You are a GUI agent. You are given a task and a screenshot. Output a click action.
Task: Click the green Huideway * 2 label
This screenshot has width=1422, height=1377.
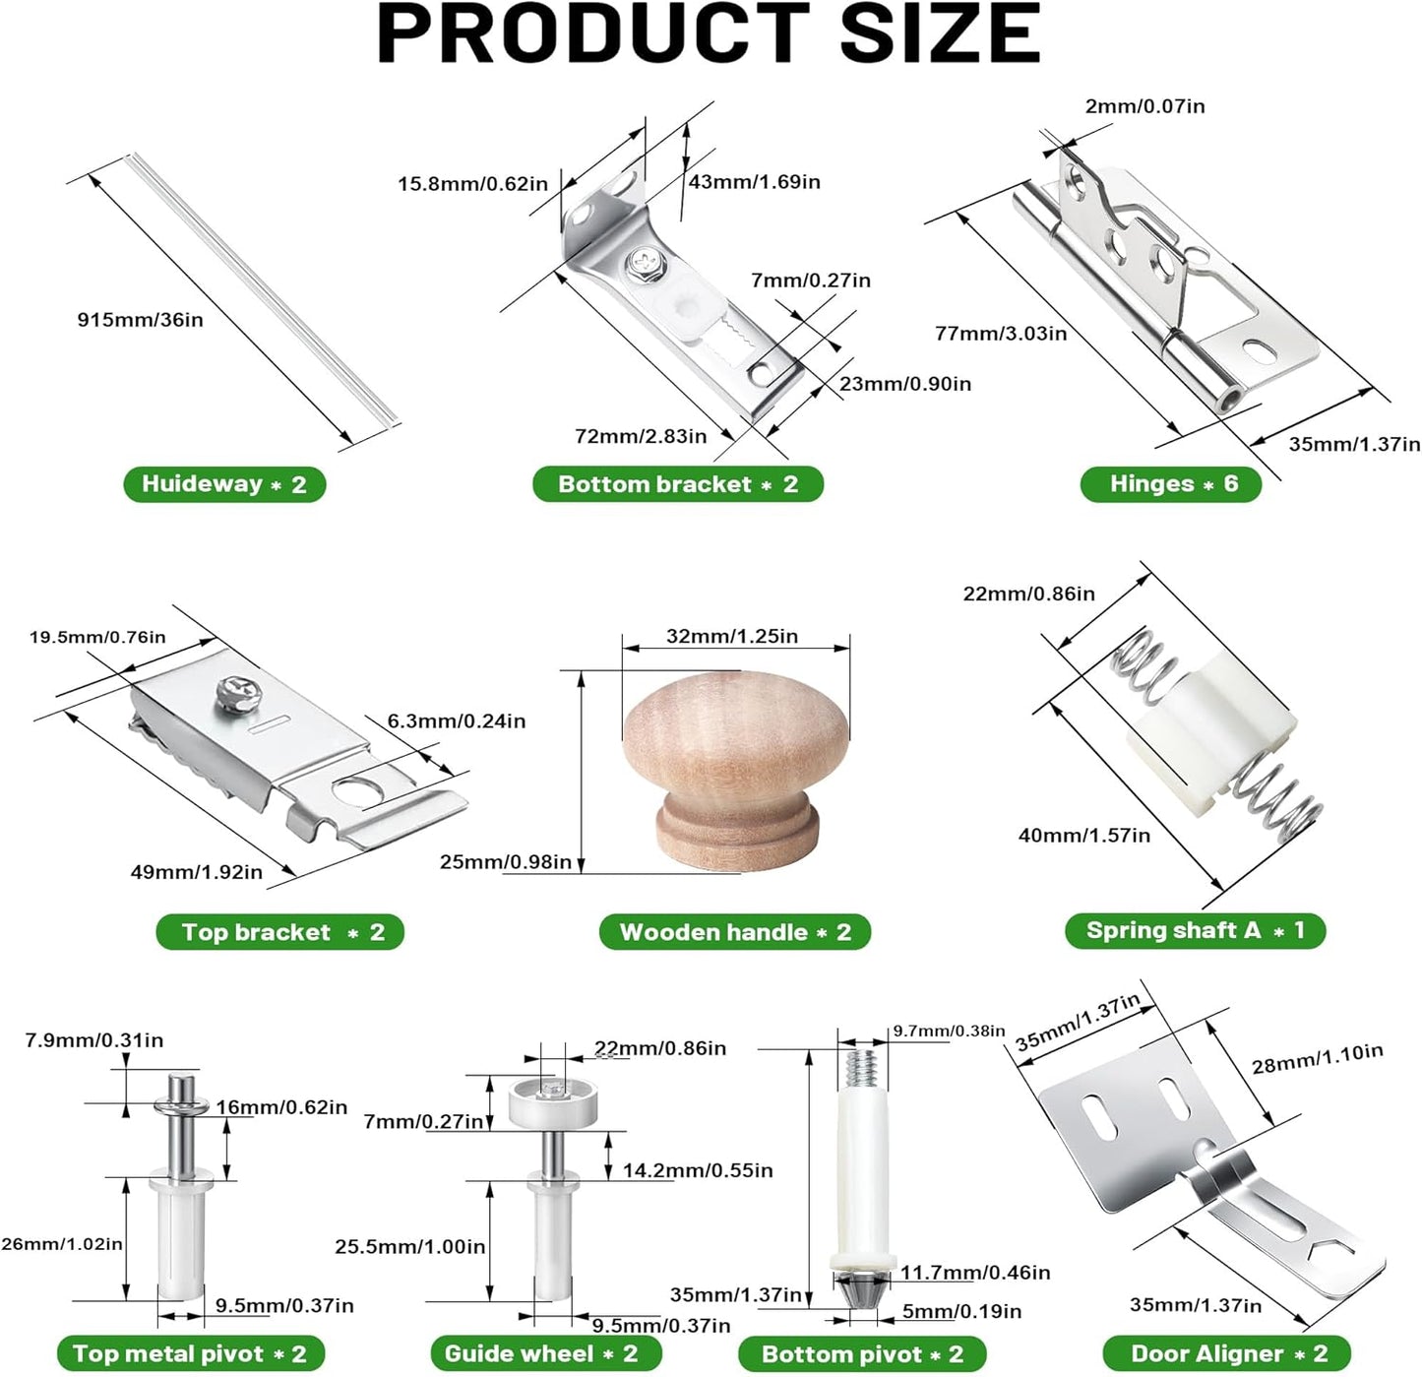click(224, 484)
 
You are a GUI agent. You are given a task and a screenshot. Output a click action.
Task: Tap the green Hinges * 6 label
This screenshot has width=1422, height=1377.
click(1171, 483)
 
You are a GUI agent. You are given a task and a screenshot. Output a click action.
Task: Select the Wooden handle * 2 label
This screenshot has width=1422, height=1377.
click(734, 932)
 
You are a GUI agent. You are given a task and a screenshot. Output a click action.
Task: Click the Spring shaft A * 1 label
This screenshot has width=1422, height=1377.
click(1195, 930)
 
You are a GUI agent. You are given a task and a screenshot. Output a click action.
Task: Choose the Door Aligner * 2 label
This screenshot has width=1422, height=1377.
click(1228, 1352)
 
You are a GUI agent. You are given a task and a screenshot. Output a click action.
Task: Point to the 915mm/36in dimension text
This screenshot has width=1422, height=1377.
click(141, 320)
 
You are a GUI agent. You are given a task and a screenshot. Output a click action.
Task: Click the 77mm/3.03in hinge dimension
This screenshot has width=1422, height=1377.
click(1001, 334)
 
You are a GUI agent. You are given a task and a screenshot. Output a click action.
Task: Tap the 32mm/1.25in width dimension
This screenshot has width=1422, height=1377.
click(731, 636)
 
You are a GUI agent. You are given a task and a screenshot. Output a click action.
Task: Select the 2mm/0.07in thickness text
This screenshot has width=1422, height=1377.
click(1144, 106)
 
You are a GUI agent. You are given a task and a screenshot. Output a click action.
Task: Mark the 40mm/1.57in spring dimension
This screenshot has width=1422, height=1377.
click(1083, 835)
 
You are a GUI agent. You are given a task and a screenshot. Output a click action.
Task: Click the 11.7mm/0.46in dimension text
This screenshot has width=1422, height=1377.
click(975, 1272)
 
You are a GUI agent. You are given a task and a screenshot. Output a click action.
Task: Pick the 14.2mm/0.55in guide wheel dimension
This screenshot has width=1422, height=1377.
click(697, 1170)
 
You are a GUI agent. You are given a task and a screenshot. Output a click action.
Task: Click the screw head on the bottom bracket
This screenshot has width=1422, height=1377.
click(644, 260)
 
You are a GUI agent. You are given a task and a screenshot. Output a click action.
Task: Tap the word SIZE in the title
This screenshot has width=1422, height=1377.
click(940, 34)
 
